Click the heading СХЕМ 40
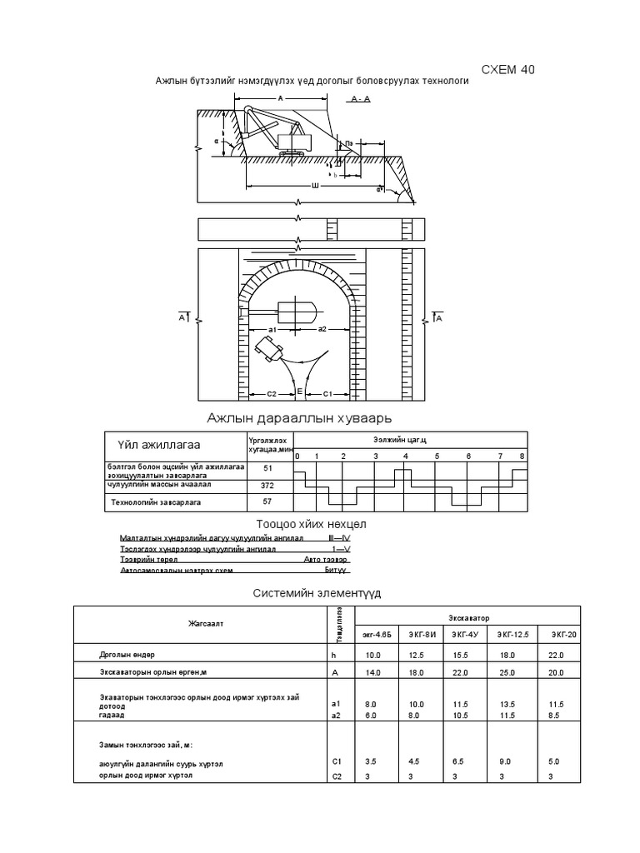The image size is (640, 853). tap(508, 70)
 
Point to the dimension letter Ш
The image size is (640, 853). tap(314, 186)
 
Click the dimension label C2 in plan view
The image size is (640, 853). tap(271, 392)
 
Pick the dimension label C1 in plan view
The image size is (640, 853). tap(328, 392)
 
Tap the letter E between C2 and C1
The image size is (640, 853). tap(299, 390)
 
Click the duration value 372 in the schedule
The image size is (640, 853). tap(267, 485)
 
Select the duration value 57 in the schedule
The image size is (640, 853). tap(267, 502)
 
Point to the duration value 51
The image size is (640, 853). tap(267, 469)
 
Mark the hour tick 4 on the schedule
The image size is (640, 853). tap(406, 456)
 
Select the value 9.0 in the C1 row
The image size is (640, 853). tap(506, 761)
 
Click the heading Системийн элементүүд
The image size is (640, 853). tap(317, 593)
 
